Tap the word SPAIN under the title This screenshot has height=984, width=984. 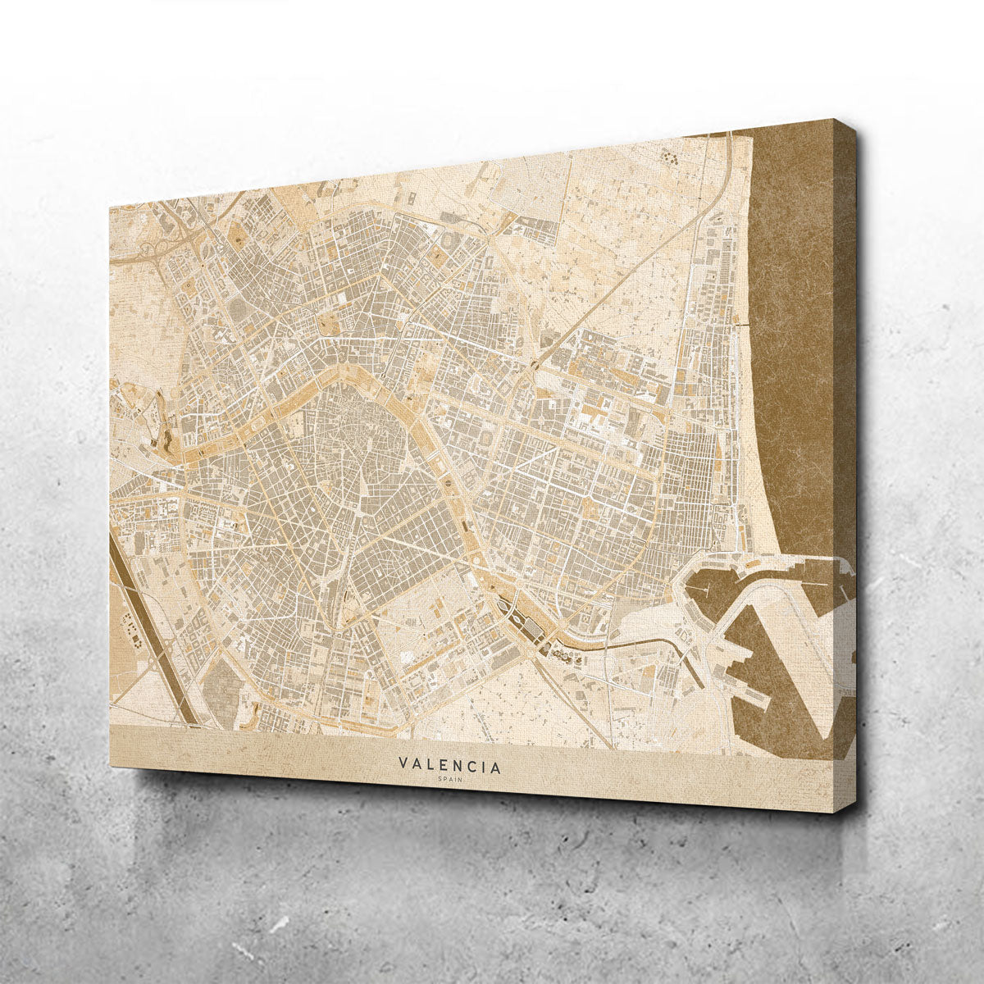pyautogui.click(x=450, y=778)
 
